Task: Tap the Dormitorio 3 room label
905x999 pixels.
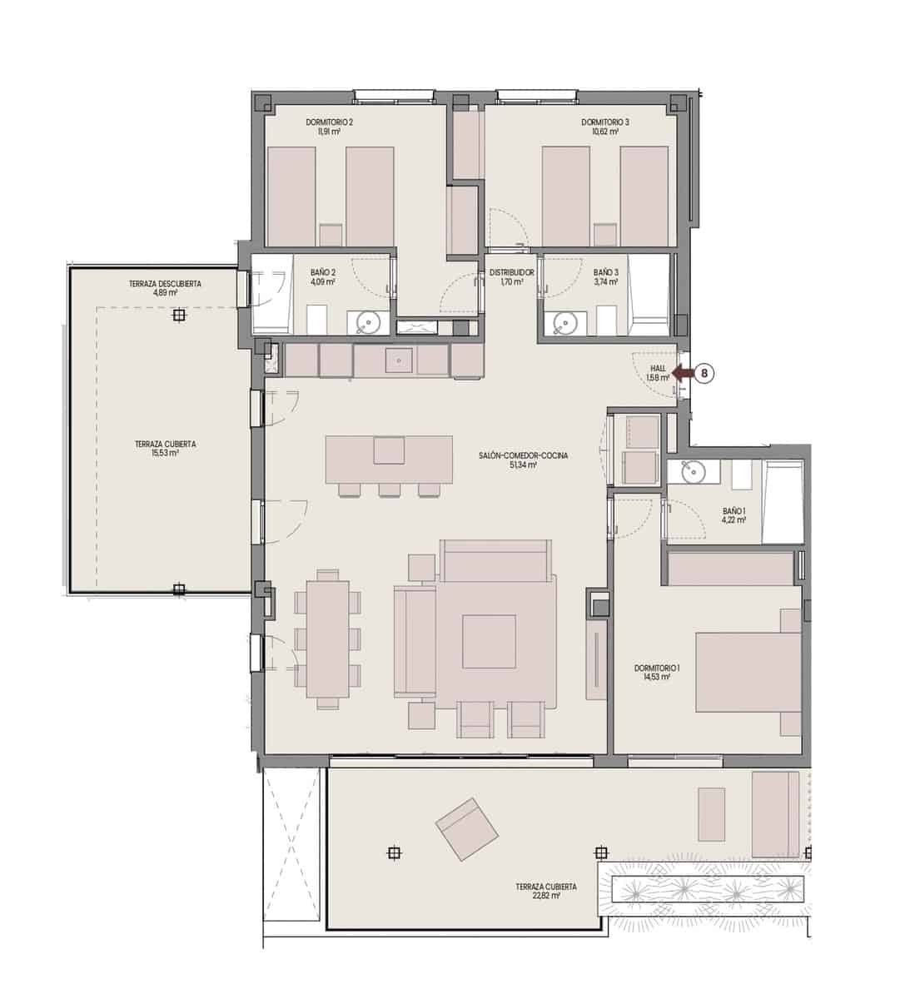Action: coord(605,122)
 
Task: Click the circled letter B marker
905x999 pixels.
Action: coord(704,374)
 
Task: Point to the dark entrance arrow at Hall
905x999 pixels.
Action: coord(683,374)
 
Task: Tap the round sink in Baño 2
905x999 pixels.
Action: coord(367,321)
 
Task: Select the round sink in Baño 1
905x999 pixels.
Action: coord(693,472)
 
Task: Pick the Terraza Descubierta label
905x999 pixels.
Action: coord(165,284)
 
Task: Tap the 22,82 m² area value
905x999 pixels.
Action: coord(546,897)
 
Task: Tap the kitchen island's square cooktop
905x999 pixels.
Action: coord(389,450)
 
